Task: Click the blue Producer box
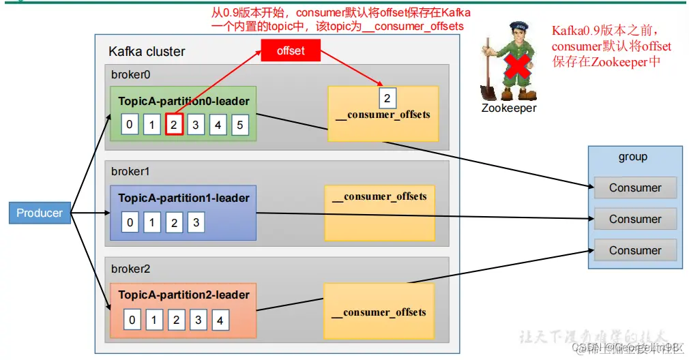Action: [40, 213]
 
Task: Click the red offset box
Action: [291, 50]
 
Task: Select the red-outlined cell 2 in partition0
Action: [174, 125]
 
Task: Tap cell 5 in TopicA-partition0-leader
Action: [239, 125]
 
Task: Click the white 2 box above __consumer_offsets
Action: [387, 98]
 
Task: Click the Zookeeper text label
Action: [509, 108]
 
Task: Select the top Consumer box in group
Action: [635, 187]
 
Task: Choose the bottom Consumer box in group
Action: [635, 250]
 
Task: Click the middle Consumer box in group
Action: [635, 219]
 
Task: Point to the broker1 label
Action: [130, 172]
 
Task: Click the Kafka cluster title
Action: [147, 52]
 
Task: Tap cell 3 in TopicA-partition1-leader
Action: [196, 222]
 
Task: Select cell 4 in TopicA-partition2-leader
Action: [219, 320]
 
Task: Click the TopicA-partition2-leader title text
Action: [184, 295]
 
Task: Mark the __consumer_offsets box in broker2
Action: [379, 312]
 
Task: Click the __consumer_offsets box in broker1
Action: [379, 212]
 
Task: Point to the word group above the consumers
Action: [632, 157]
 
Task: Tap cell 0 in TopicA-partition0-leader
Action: [130, 125]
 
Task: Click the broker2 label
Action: [130, 269]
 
